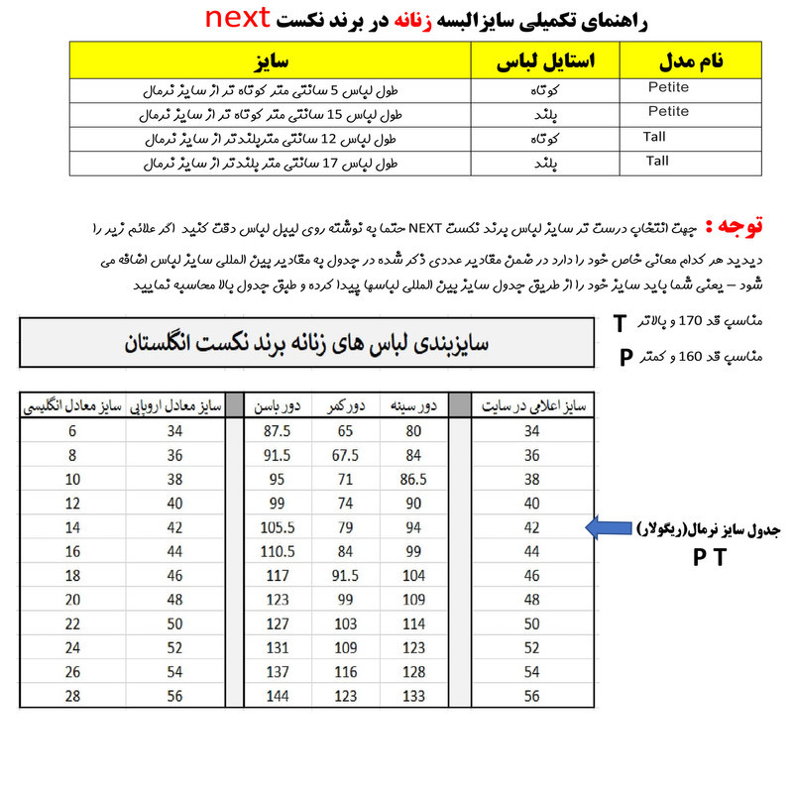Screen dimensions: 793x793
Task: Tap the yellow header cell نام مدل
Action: [x=690, y=60]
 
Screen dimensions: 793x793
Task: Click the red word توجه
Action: [x=740, y=227]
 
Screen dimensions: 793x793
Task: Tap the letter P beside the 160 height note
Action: [x=625, y=356]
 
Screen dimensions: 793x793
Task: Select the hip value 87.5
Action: [x=277, y=431]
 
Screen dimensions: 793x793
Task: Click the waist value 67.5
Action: [x=346, y=456]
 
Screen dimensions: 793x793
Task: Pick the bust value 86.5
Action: [x=413, y=480]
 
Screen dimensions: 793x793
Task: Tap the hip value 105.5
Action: [x=277, y=527]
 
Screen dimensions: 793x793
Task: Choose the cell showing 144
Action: [x=277, y=696]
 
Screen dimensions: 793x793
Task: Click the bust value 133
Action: [x=413, y=696]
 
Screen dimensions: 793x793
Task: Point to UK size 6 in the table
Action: [x=72, y=431]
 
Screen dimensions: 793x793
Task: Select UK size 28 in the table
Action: [x=72, y=696]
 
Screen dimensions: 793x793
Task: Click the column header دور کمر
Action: [x=346, y=405]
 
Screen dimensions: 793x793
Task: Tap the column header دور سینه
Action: [x=413, y=405]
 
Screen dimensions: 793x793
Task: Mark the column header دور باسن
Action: [x=277, y=405]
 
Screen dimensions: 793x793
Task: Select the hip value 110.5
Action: [x=277, y=551]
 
